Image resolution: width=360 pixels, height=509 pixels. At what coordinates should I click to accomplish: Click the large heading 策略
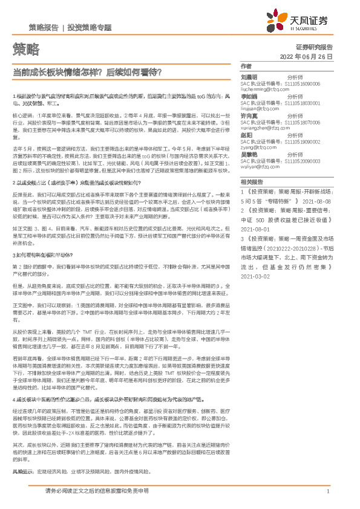pos(25,48)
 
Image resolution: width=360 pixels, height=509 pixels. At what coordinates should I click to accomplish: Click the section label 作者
pos(246,65)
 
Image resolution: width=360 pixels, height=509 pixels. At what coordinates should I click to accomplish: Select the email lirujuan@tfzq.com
pos(260,108)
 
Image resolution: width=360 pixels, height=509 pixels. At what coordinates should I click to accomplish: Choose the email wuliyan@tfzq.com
pos(260,166)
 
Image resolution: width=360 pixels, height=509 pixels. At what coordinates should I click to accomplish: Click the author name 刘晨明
pos(249,77)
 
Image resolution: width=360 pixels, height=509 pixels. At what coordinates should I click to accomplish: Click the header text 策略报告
pos(44,28)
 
